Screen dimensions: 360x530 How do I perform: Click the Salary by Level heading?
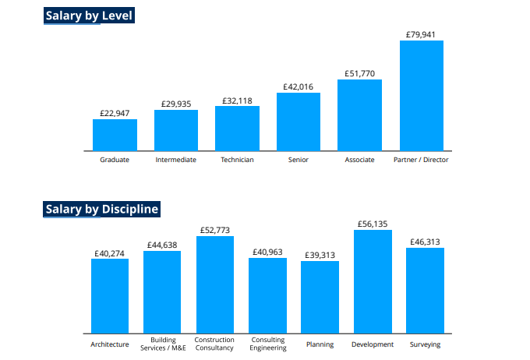point(89,16)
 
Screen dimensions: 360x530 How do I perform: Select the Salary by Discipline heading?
point(101,209)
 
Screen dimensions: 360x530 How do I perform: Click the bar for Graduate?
point(115,135)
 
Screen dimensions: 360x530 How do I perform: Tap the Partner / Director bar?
point(421,95)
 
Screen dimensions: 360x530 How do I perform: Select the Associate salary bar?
point(359,115)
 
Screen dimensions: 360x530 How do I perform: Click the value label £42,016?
point(298,86)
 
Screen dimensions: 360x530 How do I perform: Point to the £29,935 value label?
point(175,104)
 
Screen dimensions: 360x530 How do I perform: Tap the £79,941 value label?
point(421,34)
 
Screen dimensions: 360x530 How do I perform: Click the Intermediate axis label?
point(175,160)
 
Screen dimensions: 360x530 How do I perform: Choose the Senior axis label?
point(298,160)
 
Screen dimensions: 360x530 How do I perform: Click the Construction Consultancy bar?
point(214,285)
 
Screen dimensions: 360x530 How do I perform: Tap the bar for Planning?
point(320,297)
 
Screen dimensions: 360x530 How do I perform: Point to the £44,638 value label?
point(162,245)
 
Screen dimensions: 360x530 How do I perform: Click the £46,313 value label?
point(425,242)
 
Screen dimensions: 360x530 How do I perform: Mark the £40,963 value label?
point(267,252)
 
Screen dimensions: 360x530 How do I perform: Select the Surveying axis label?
point(425,344)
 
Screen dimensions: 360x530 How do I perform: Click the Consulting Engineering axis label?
point(267,344)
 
